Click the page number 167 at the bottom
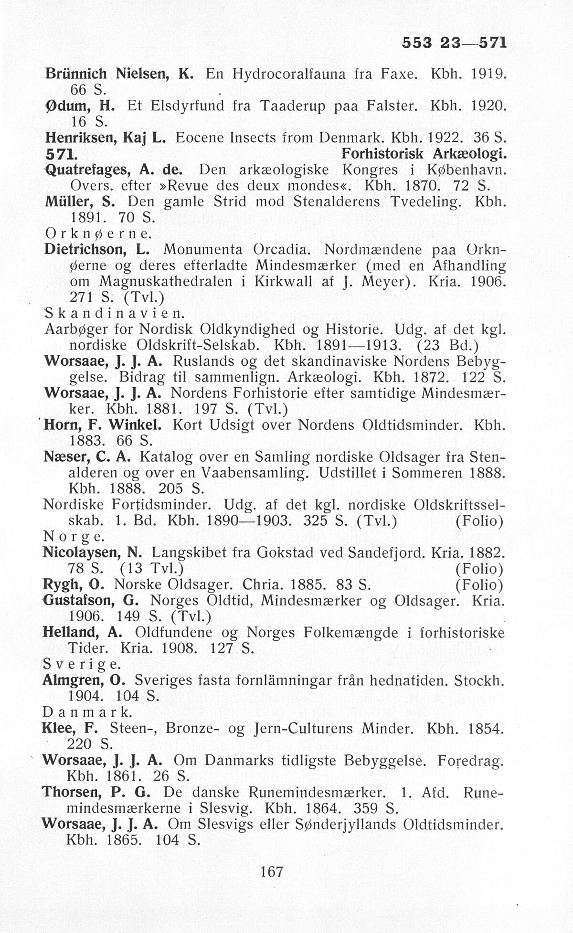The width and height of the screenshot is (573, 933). click(272, 871)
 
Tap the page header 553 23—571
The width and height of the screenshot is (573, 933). click(453, 43)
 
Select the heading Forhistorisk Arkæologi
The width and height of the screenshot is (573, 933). click(424, 154)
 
